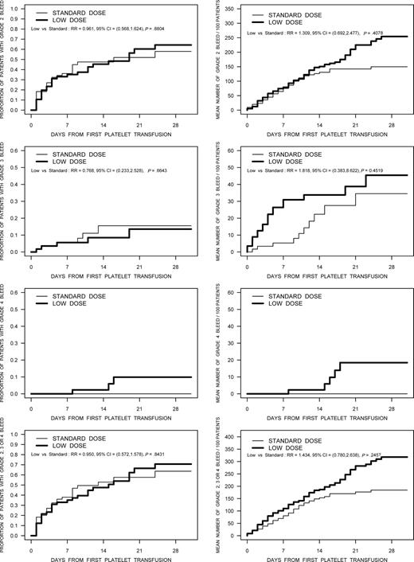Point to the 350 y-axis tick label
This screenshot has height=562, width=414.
[228, 10]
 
